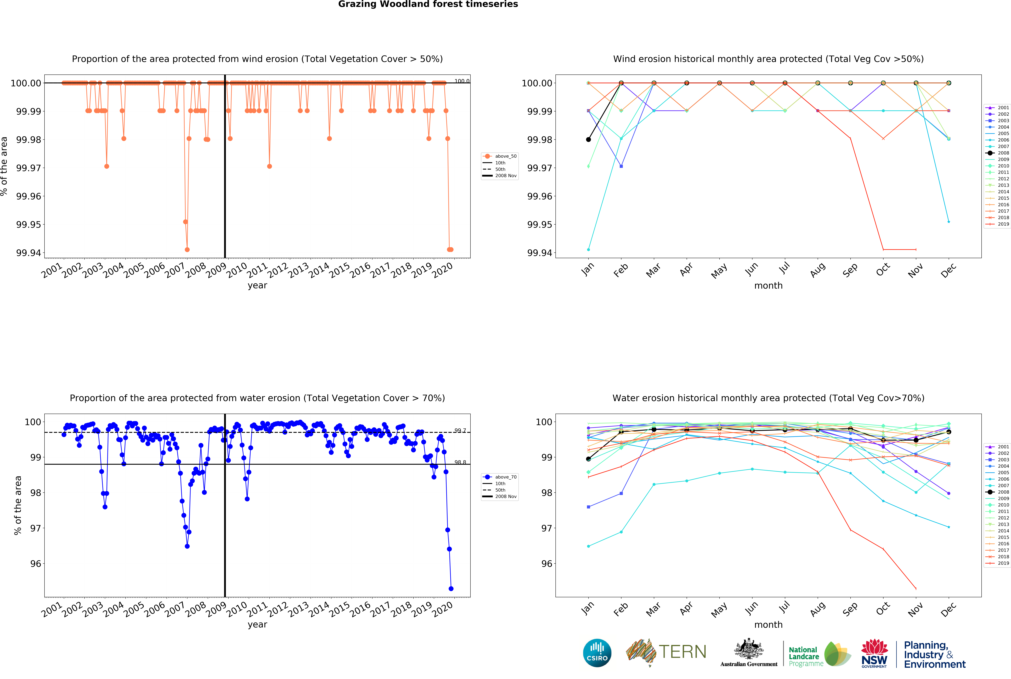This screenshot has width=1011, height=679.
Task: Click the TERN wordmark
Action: coord(683,652)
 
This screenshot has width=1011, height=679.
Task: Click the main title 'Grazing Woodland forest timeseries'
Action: coord(428,4)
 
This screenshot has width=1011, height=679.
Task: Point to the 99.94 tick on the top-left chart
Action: coord(29,253)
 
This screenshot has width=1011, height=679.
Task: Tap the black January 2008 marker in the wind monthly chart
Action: coord(588,139)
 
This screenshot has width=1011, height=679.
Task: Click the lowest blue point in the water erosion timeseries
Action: coord(451,589)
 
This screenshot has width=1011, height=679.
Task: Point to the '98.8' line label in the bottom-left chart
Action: coord(460,462)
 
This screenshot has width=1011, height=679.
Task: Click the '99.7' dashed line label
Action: coord(460,430)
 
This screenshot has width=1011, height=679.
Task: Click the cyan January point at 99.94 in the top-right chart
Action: coord(588,249)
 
